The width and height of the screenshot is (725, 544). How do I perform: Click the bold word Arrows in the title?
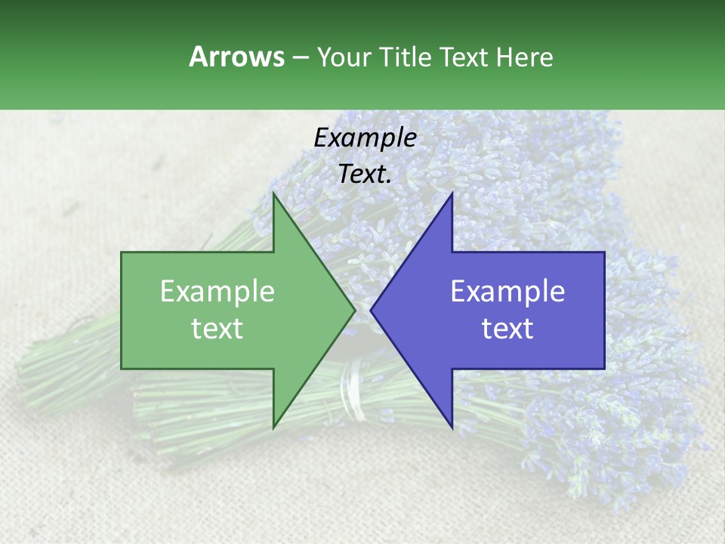[x=237, y=57]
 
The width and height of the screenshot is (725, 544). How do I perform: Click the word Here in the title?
[x=524, y=57]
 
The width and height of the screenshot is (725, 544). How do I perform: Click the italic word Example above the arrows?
[x=365, y=138]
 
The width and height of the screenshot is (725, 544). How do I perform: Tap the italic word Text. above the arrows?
[x=365, y=174]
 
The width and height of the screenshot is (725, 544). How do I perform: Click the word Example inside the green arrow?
[x=217, y=292]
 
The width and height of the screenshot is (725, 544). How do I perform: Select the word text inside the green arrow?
[x=217, y=329]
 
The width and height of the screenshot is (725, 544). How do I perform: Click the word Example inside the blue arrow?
[x=507, y=292]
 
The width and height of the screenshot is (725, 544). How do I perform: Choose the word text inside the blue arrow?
[x=507, y=329]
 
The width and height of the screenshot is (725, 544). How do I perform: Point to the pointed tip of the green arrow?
[x=354, y=310]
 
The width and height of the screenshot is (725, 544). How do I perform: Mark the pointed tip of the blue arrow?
[x=372, y=310]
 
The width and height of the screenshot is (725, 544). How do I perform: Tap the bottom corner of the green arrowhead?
[x=273, y=427]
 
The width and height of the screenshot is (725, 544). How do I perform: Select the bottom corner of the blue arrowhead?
[x=452, y=428]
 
